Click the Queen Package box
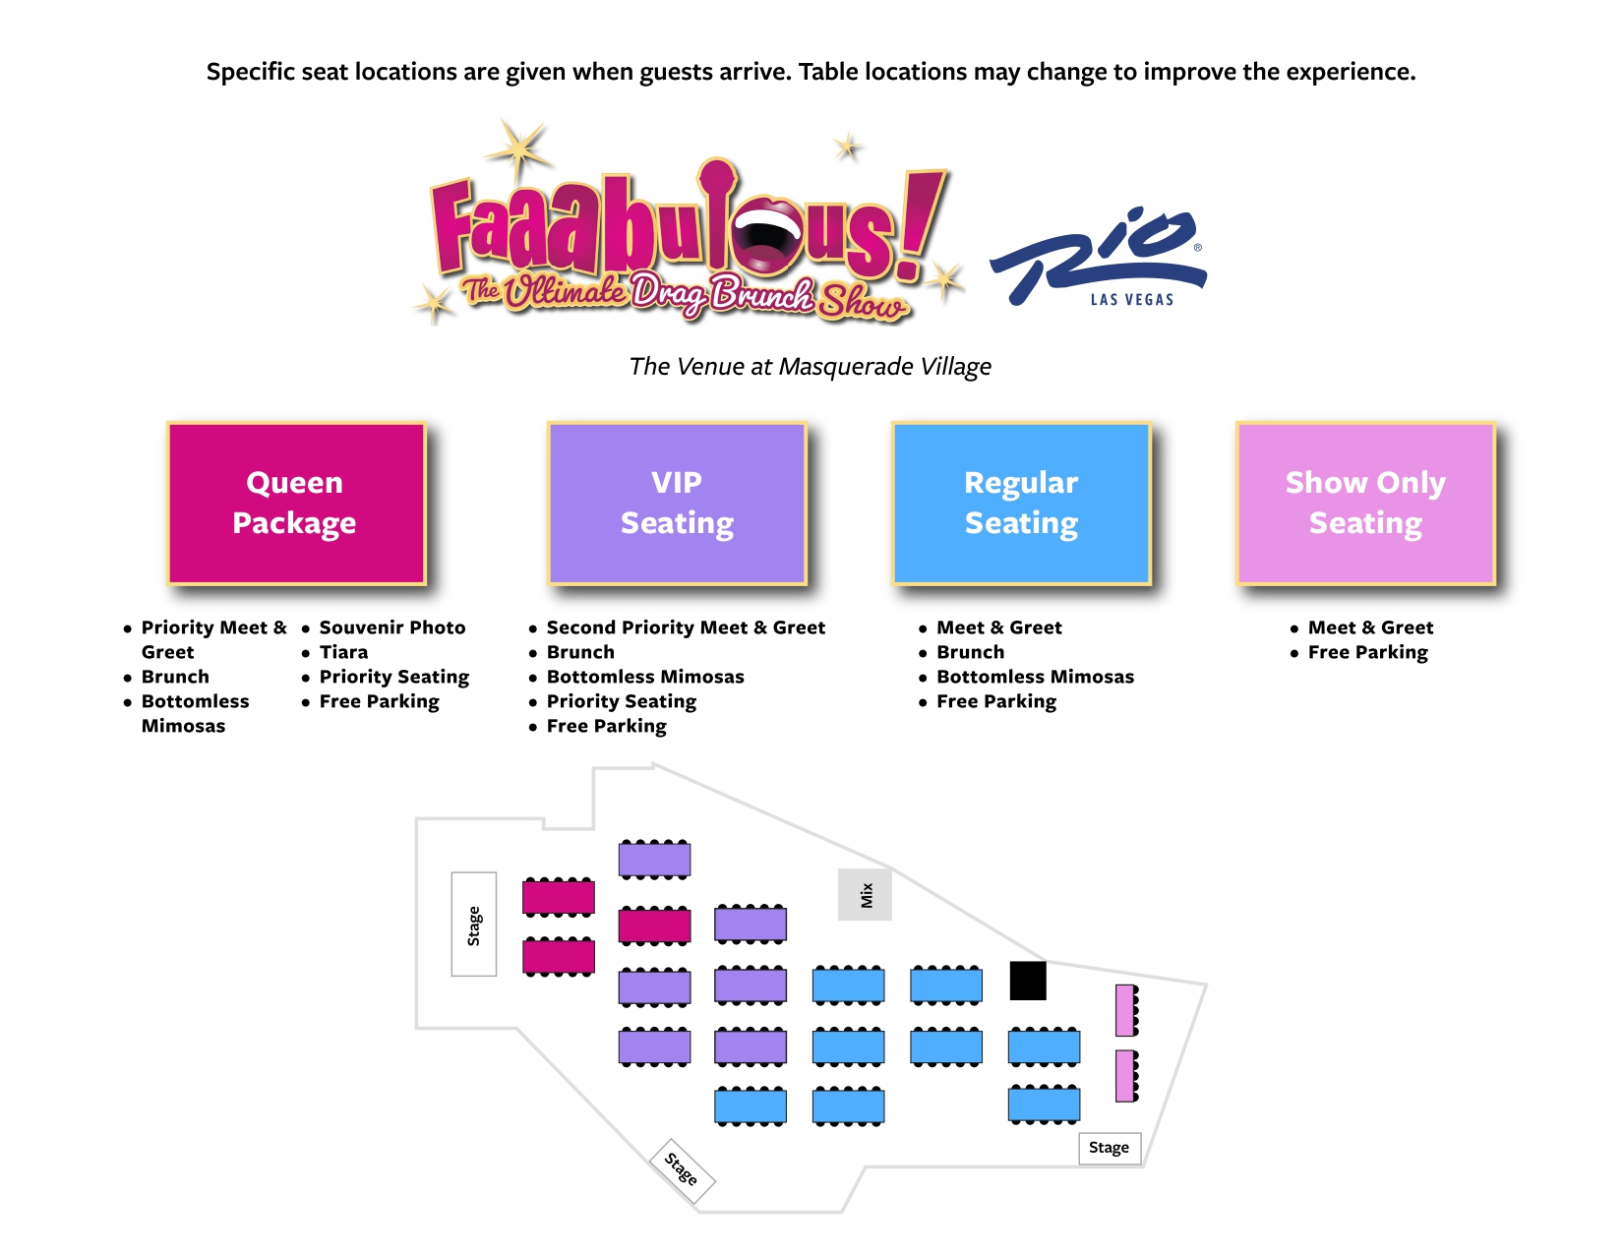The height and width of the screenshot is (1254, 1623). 295,504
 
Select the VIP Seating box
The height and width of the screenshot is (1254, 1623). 677,504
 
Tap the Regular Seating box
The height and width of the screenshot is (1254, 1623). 1021,504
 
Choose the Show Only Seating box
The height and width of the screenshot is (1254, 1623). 1365,504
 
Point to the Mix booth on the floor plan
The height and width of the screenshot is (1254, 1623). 865,894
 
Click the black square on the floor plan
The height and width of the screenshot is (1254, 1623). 1028,981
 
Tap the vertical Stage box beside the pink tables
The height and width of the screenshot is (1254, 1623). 474,925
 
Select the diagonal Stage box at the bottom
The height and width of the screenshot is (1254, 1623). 683,1169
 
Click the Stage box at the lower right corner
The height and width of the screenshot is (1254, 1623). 1110,1148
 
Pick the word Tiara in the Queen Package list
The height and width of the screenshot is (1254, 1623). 343,652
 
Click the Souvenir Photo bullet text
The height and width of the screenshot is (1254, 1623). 392,627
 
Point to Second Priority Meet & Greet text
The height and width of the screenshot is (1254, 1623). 686,627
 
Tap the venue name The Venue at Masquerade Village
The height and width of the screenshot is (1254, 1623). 810,367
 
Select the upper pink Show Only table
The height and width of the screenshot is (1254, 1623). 1125,1010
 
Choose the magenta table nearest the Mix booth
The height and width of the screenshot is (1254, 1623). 654,926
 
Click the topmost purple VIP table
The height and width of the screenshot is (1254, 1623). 654,860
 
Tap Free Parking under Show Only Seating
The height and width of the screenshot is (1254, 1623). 1367,652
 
